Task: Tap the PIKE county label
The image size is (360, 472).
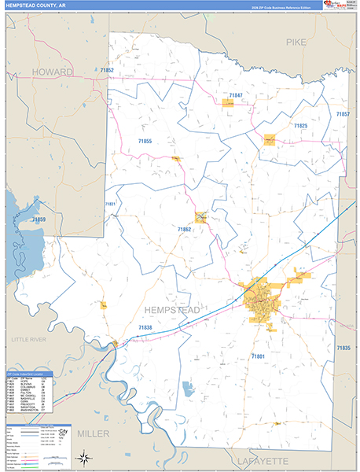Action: click(296, 42)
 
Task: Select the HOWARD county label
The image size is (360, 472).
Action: click(52, 72)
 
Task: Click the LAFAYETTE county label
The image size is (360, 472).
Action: click(262, 459)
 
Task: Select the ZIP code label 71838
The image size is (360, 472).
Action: click(145, 327)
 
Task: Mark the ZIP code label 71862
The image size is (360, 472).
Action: click(185, 229)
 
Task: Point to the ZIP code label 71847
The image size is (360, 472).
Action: click(236, 95)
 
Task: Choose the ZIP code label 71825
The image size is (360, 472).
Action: click(300, 125)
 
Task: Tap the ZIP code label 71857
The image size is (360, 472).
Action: click(343, 115)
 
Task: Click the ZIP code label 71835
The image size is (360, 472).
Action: click(343, 347)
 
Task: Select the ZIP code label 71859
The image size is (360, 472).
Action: click(39, 219)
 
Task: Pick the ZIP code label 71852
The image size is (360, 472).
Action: click(108, 71)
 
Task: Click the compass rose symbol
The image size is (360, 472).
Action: click(83, 456)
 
